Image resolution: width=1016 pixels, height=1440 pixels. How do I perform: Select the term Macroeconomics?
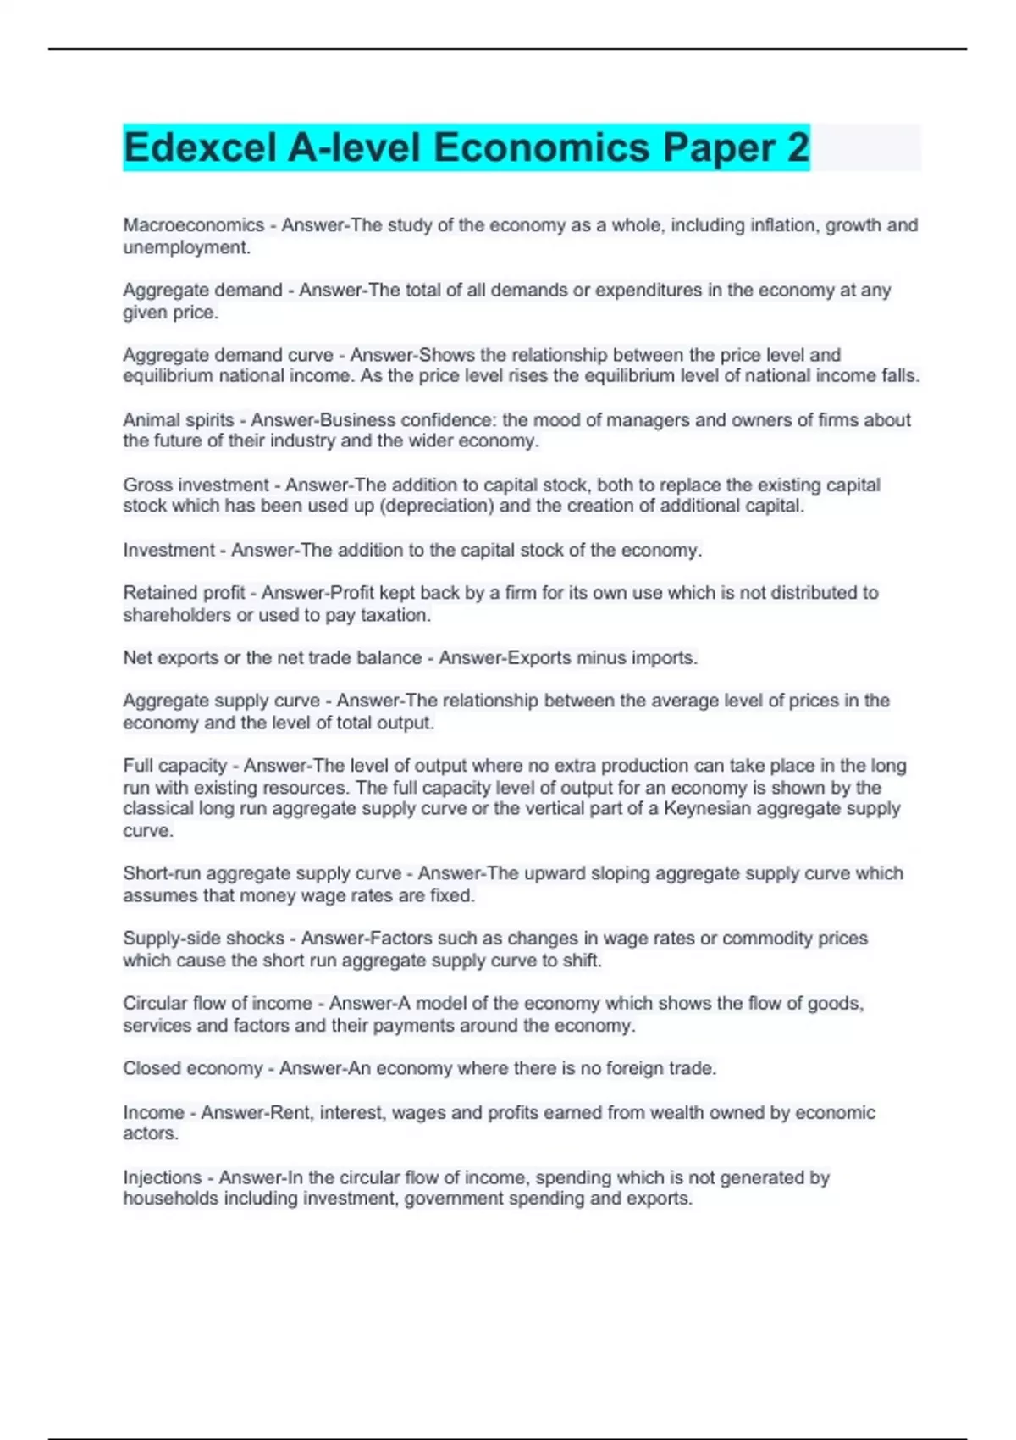(194, 225)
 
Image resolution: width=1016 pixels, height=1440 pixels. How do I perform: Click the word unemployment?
(185, 247)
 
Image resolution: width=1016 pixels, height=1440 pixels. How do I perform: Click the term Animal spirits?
(179, 420)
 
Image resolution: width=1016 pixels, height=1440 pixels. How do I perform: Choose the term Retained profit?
(184, 593)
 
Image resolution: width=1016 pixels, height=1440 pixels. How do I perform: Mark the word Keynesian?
(706, 809)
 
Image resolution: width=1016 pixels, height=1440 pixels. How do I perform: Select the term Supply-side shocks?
(203, 939)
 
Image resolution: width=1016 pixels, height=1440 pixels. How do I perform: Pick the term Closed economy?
(193, 1068)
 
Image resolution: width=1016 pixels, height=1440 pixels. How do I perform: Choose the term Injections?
(163, 1177)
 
